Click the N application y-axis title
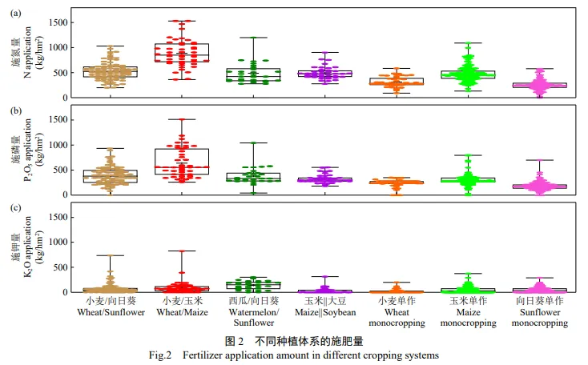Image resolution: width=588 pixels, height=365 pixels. [x=29, y=54]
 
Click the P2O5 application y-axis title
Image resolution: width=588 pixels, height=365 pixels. [x=29, y=152]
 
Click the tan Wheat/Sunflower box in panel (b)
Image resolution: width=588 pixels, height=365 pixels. [x=111, y=176]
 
